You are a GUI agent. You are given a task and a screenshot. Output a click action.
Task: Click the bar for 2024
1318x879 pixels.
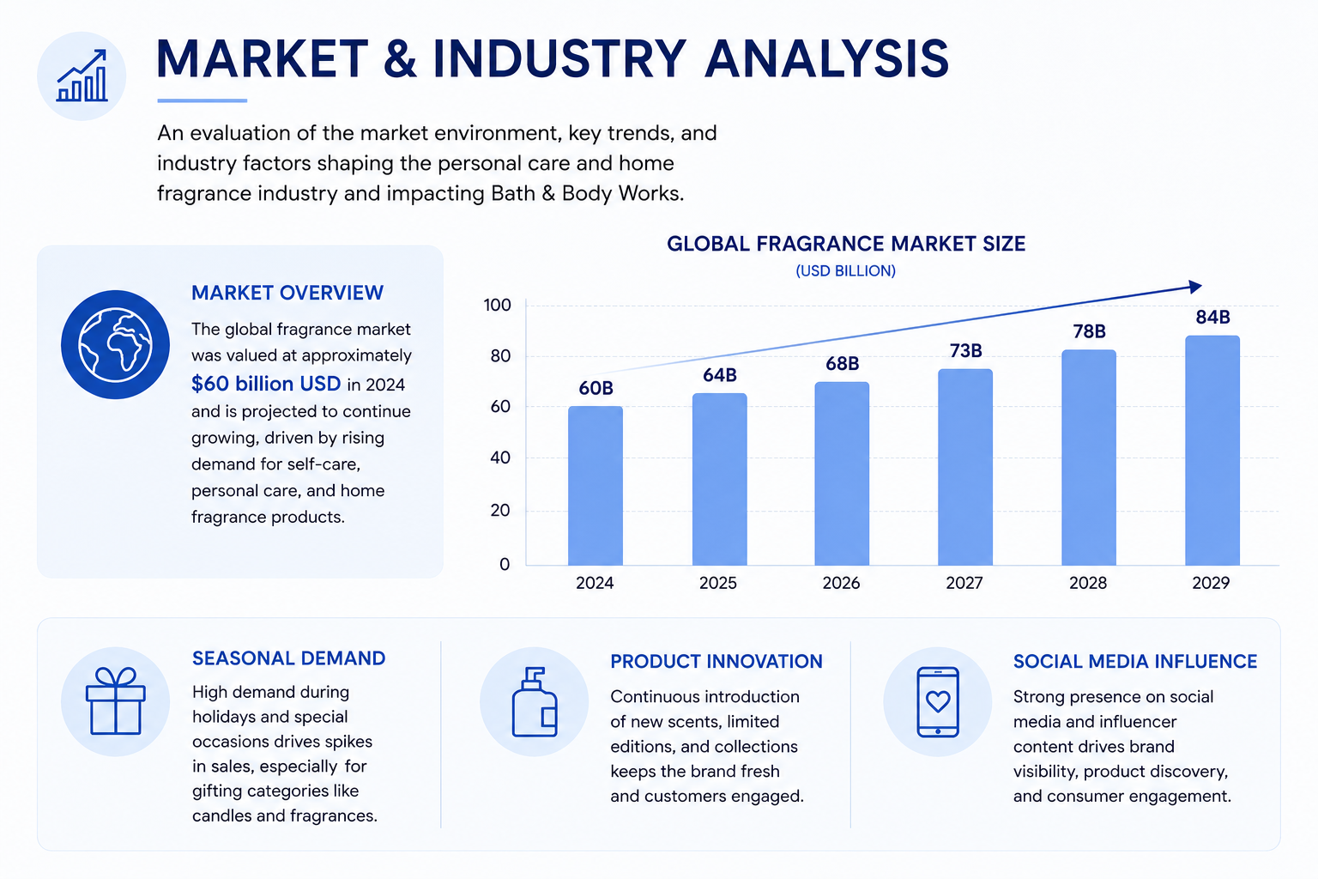point(595,486)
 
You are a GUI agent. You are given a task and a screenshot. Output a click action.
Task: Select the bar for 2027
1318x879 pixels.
point(965,468)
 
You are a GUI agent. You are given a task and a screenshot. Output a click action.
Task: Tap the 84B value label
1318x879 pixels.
point(1212,318)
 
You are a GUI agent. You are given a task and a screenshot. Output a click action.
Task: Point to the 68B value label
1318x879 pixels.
point(842,364)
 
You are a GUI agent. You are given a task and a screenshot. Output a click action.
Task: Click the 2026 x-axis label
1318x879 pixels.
point(841,583)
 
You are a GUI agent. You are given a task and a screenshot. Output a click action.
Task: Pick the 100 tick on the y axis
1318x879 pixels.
point(497,305)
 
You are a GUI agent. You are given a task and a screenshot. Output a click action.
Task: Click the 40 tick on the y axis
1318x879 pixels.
point(500,458)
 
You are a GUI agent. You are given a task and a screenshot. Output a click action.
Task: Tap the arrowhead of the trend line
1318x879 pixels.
point(1194,287)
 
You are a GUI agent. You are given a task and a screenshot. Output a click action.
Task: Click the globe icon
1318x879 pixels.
point(115,344)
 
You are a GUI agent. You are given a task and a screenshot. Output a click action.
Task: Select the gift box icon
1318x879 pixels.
point(115,700)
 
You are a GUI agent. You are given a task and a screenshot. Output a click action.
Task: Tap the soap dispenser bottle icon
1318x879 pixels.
point(535,702)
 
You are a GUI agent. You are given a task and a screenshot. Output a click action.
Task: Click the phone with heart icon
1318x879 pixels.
point(938,702)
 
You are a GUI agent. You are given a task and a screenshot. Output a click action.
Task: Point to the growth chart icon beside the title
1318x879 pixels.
point(82,76)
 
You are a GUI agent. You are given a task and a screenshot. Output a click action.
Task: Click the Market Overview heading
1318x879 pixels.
point(287,293)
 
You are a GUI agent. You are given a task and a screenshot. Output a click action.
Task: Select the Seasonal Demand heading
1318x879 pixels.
point(289,658)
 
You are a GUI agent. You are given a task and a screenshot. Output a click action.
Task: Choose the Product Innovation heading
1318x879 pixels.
point(716,661)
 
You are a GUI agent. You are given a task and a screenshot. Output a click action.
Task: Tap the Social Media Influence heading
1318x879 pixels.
point(1135,661)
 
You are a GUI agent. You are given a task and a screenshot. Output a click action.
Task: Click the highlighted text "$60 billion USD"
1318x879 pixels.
point(266,384)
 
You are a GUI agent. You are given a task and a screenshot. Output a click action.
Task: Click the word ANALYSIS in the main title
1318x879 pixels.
point(826,59)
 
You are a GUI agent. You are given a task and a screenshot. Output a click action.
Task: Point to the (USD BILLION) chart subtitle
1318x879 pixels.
point(845,270)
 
